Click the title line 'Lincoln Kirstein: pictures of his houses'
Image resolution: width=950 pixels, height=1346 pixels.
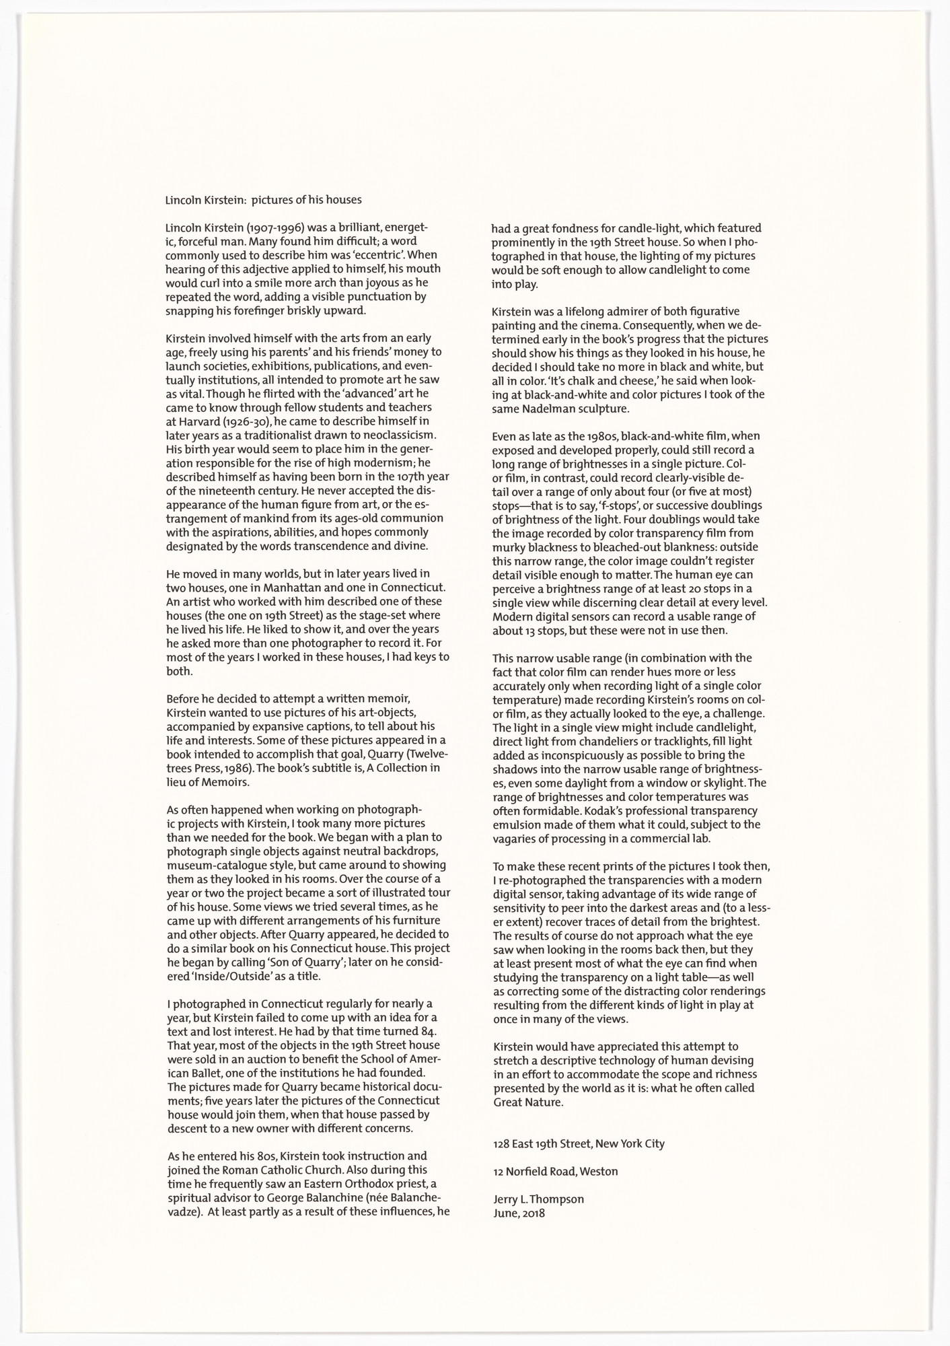point(264,199)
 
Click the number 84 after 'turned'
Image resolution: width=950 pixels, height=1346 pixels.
point(431,1032)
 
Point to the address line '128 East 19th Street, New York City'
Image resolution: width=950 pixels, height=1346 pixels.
point(579,1143)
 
